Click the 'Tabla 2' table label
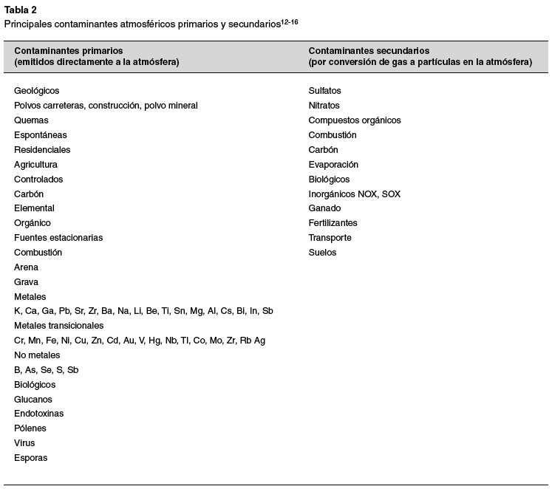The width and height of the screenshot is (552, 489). [21, 10]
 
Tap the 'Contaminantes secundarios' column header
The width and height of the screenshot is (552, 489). [369, 50]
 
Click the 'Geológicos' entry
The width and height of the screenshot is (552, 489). [36, 91]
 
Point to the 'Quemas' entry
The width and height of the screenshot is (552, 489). [31, 120]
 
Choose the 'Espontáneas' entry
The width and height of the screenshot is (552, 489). [41, 135]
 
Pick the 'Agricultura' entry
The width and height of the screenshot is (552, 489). [35, 165]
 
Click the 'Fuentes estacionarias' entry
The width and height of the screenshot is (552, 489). [58, 238]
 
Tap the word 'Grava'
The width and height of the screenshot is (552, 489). [27, 282]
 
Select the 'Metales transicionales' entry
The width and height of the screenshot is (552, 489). [59, 326]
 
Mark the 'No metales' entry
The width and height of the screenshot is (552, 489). [37, 355]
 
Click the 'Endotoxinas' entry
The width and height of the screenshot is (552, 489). [39, 414]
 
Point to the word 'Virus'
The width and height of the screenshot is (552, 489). [24, 443]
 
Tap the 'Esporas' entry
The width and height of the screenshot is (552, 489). [30, 458]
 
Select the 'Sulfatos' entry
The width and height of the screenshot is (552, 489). [325, 91]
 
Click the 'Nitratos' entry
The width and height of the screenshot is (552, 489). [324, 106]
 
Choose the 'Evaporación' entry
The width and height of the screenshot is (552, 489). [333, 165]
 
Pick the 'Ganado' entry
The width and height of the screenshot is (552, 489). [324, 208]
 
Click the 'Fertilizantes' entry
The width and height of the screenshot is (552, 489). [333, 223]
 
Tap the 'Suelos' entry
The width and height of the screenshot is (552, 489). [322, 253]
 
